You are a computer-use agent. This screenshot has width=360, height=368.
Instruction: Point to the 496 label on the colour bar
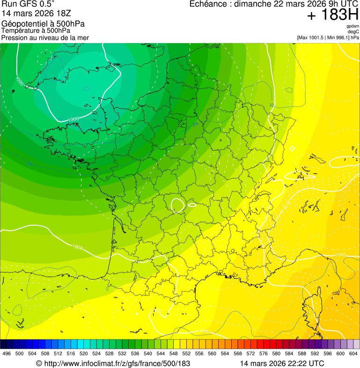pyautogui.click(x=7, y=353)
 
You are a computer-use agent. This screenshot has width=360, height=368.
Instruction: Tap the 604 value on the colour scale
pyautogui.click(x=353, y=353)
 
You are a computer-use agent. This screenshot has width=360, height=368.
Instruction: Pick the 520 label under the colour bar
pyautogui.click(x=83, y=353)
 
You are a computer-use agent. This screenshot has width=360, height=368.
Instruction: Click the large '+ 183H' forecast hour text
pyautogui.click(x=332, y=15)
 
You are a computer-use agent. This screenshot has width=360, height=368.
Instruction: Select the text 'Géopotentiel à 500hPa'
pyautogui.click(x=43, y=24)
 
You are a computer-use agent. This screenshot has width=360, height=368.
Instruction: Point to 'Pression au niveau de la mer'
pyautogui.click(x=45, y=37)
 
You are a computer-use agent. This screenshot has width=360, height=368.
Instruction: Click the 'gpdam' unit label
pyautogui.click(x=353, y=26)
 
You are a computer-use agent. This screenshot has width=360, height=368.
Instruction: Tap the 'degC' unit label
pyautogui.click(x=354, y=31)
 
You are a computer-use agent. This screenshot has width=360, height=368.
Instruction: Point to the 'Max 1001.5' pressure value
pyautogui.click(x=312, y=37)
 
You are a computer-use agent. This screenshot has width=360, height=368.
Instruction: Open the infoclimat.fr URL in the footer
pyautogui.click(x=113, y=363)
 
